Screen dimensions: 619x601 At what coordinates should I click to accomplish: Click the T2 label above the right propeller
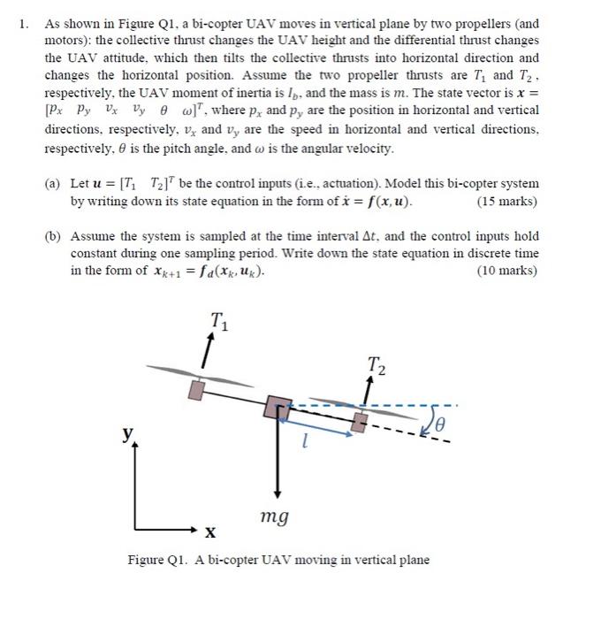(375, 363)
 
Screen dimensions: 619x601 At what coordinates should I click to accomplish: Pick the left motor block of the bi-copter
(198, 386)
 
